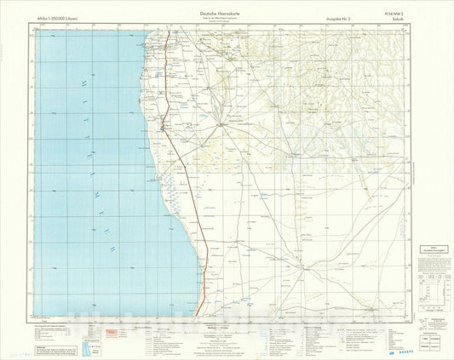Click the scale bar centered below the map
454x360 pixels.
(226, 327)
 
